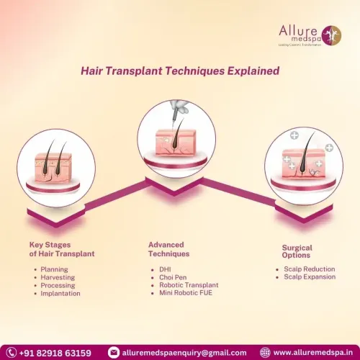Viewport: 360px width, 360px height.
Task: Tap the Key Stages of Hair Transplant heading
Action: (62, 249)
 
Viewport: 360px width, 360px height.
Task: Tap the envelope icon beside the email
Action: (114, 353)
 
